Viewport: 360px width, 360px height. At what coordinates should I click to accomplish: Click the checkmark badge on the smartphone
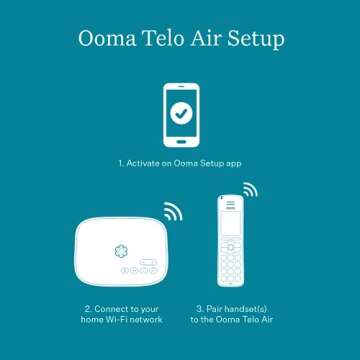[181, 113]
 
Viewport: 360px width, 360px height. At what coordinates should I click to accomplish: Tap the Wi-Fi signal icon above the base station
[173, 211]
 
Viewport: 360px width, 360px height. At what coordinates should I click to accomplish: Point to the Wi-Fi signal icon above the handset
[248, 189]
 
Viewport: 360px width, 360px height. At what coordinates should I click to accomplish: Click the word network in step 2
[145, 320]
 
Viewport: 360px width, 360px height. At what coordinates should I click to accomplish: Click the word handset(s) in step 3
[247, 310]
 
